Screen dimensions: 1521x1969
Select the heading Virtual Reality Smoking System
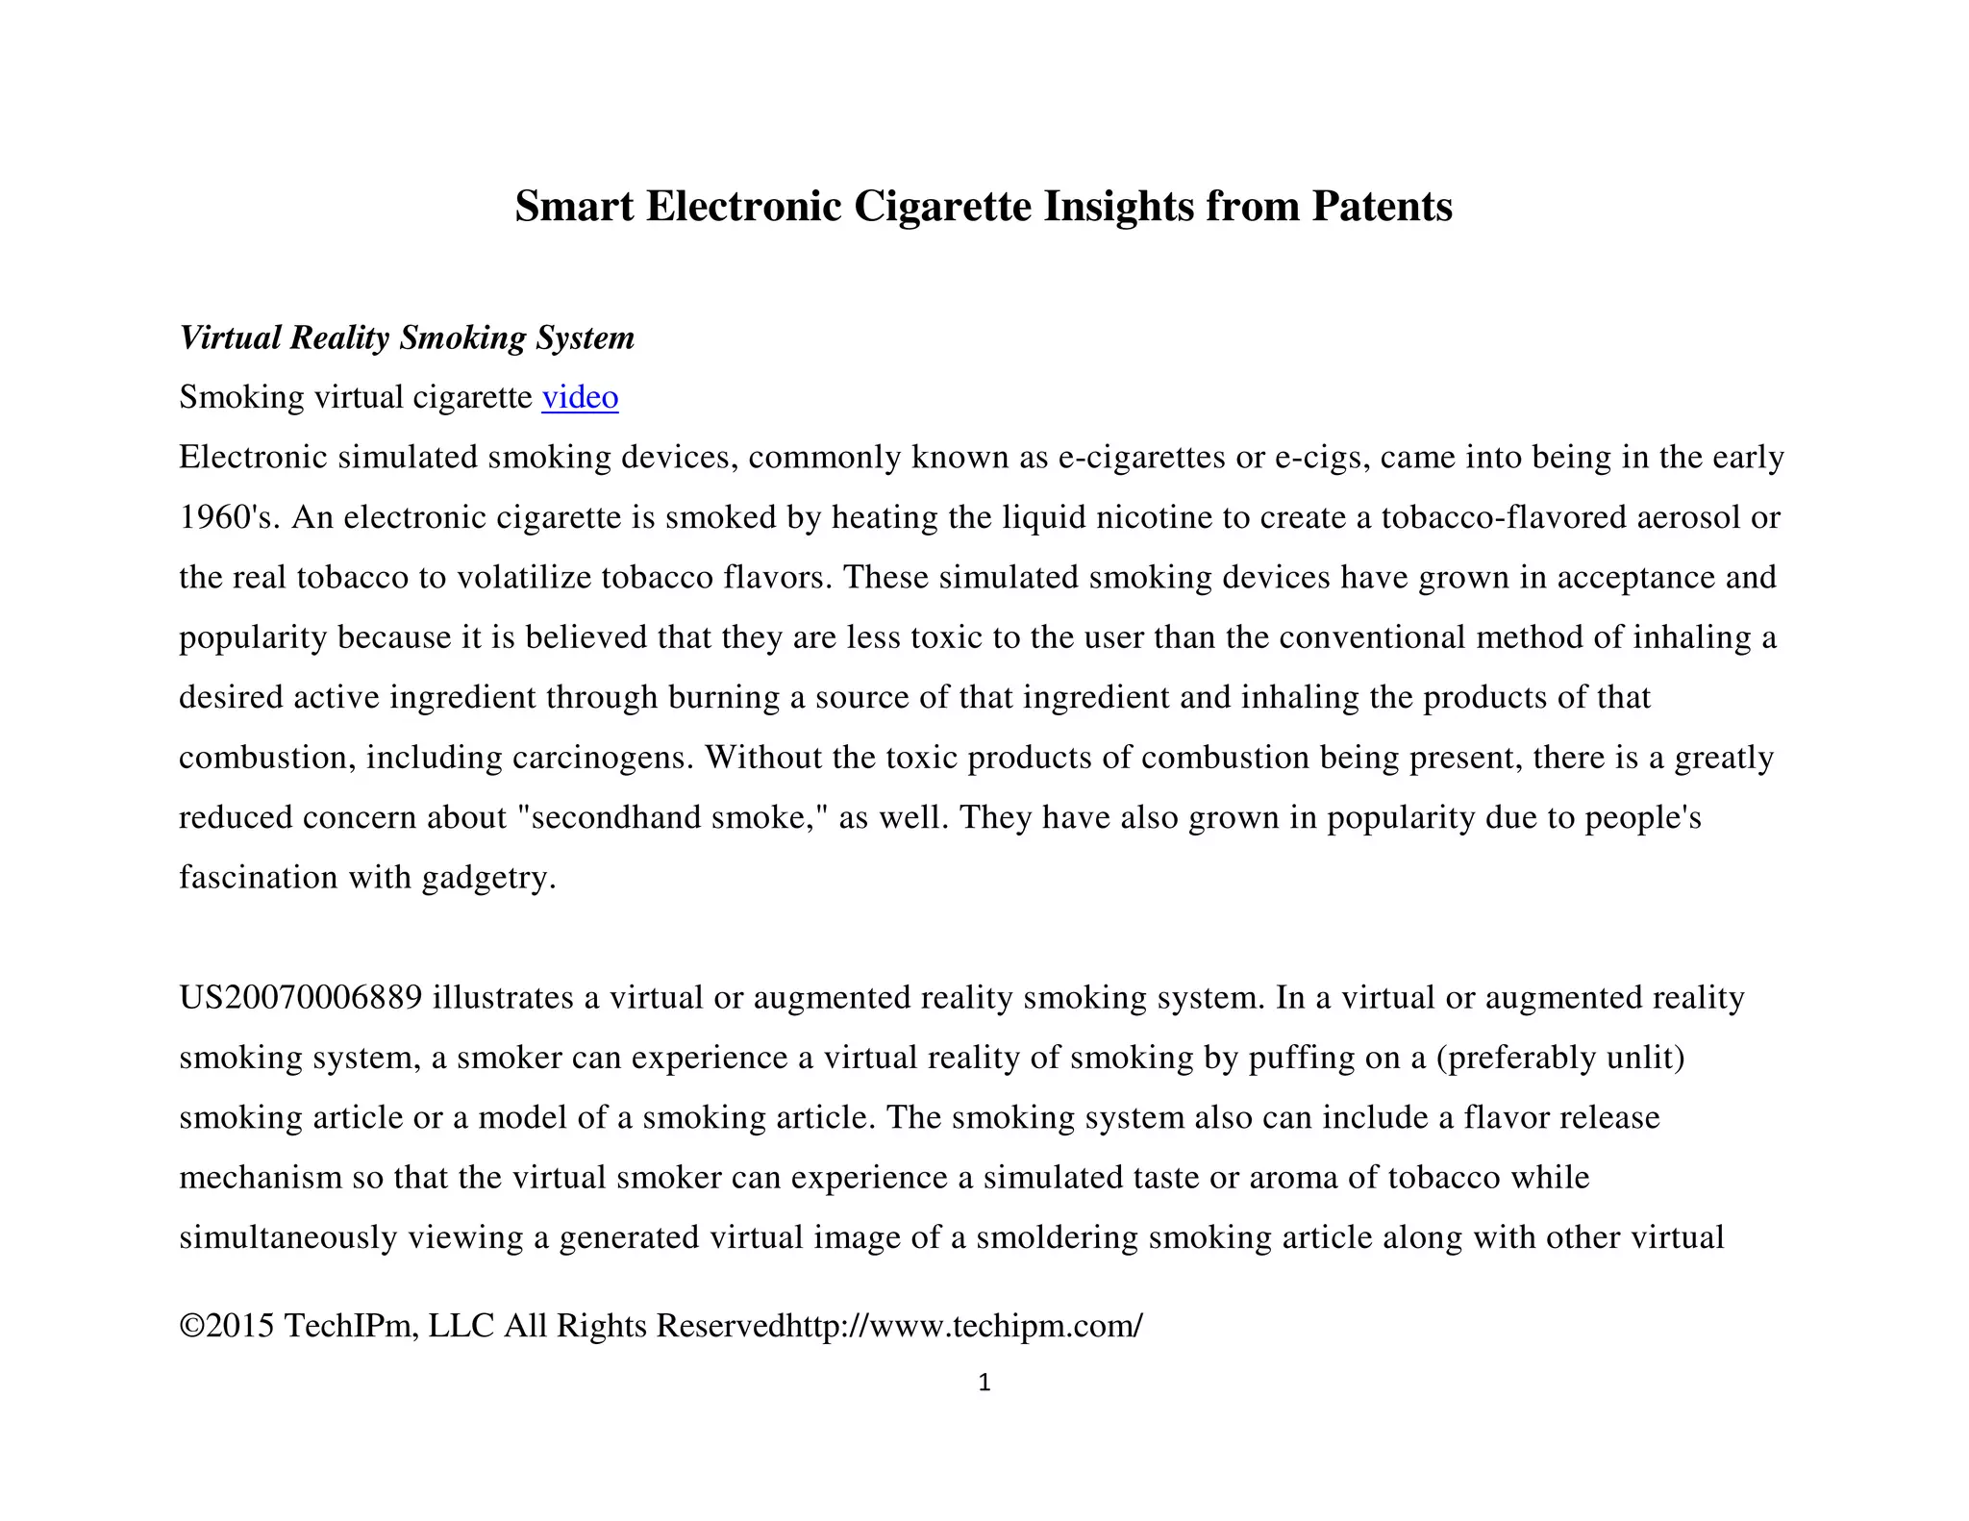407,337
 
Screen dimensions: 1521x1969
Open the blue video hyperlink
580,397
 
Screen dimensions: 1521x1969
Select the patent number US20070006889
300,997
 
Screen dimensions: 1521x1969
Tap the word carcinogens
602,758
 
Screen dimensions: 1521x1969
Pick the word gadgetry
488,878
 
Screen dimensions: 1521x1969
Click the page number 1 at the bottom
984,1384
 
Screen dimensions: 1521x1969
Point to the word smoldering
1057,1237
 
